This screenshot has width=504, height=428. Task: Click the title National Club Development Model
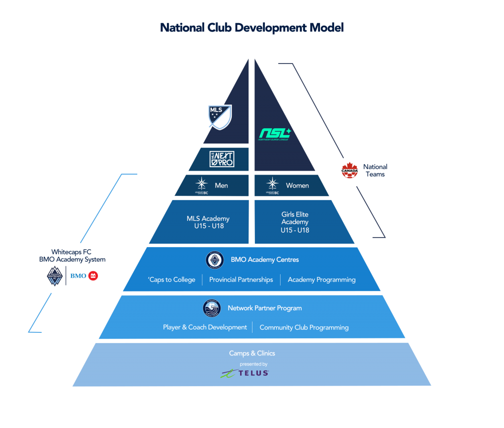[252, 28]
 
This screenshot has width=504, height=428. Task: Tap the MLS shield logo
[219, 117]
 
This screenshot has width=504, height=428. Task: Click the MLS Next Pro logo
[221, 159]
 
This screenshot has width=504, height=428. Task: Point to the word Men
[221, 186]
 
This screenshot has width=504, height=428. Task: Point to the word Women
[297, 186]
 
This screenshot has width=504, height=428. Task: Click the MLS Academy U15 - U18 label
[208, 222]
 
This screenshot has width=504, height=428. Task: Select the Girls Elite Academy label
[295, 222]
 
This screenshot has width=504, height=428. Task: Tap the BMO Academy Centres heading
[265, 259]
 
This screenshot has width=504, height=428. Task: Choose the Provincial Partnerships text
[241, 280]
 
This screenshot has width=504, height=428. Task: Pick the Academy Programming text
[321, 280]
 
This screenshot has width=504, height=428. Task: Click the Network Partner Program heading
[264, 308]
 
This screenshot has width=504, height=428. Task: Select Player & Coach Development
[205, 327]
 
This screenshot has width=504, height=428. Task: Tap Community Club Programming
[304, 327]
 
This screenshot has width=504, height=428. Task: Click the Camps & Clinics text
[252, 353]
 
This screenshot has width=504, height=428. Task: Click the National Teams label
[375, 171]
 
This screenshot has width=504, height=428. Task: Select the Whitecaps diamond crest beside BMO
[55, 276]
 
